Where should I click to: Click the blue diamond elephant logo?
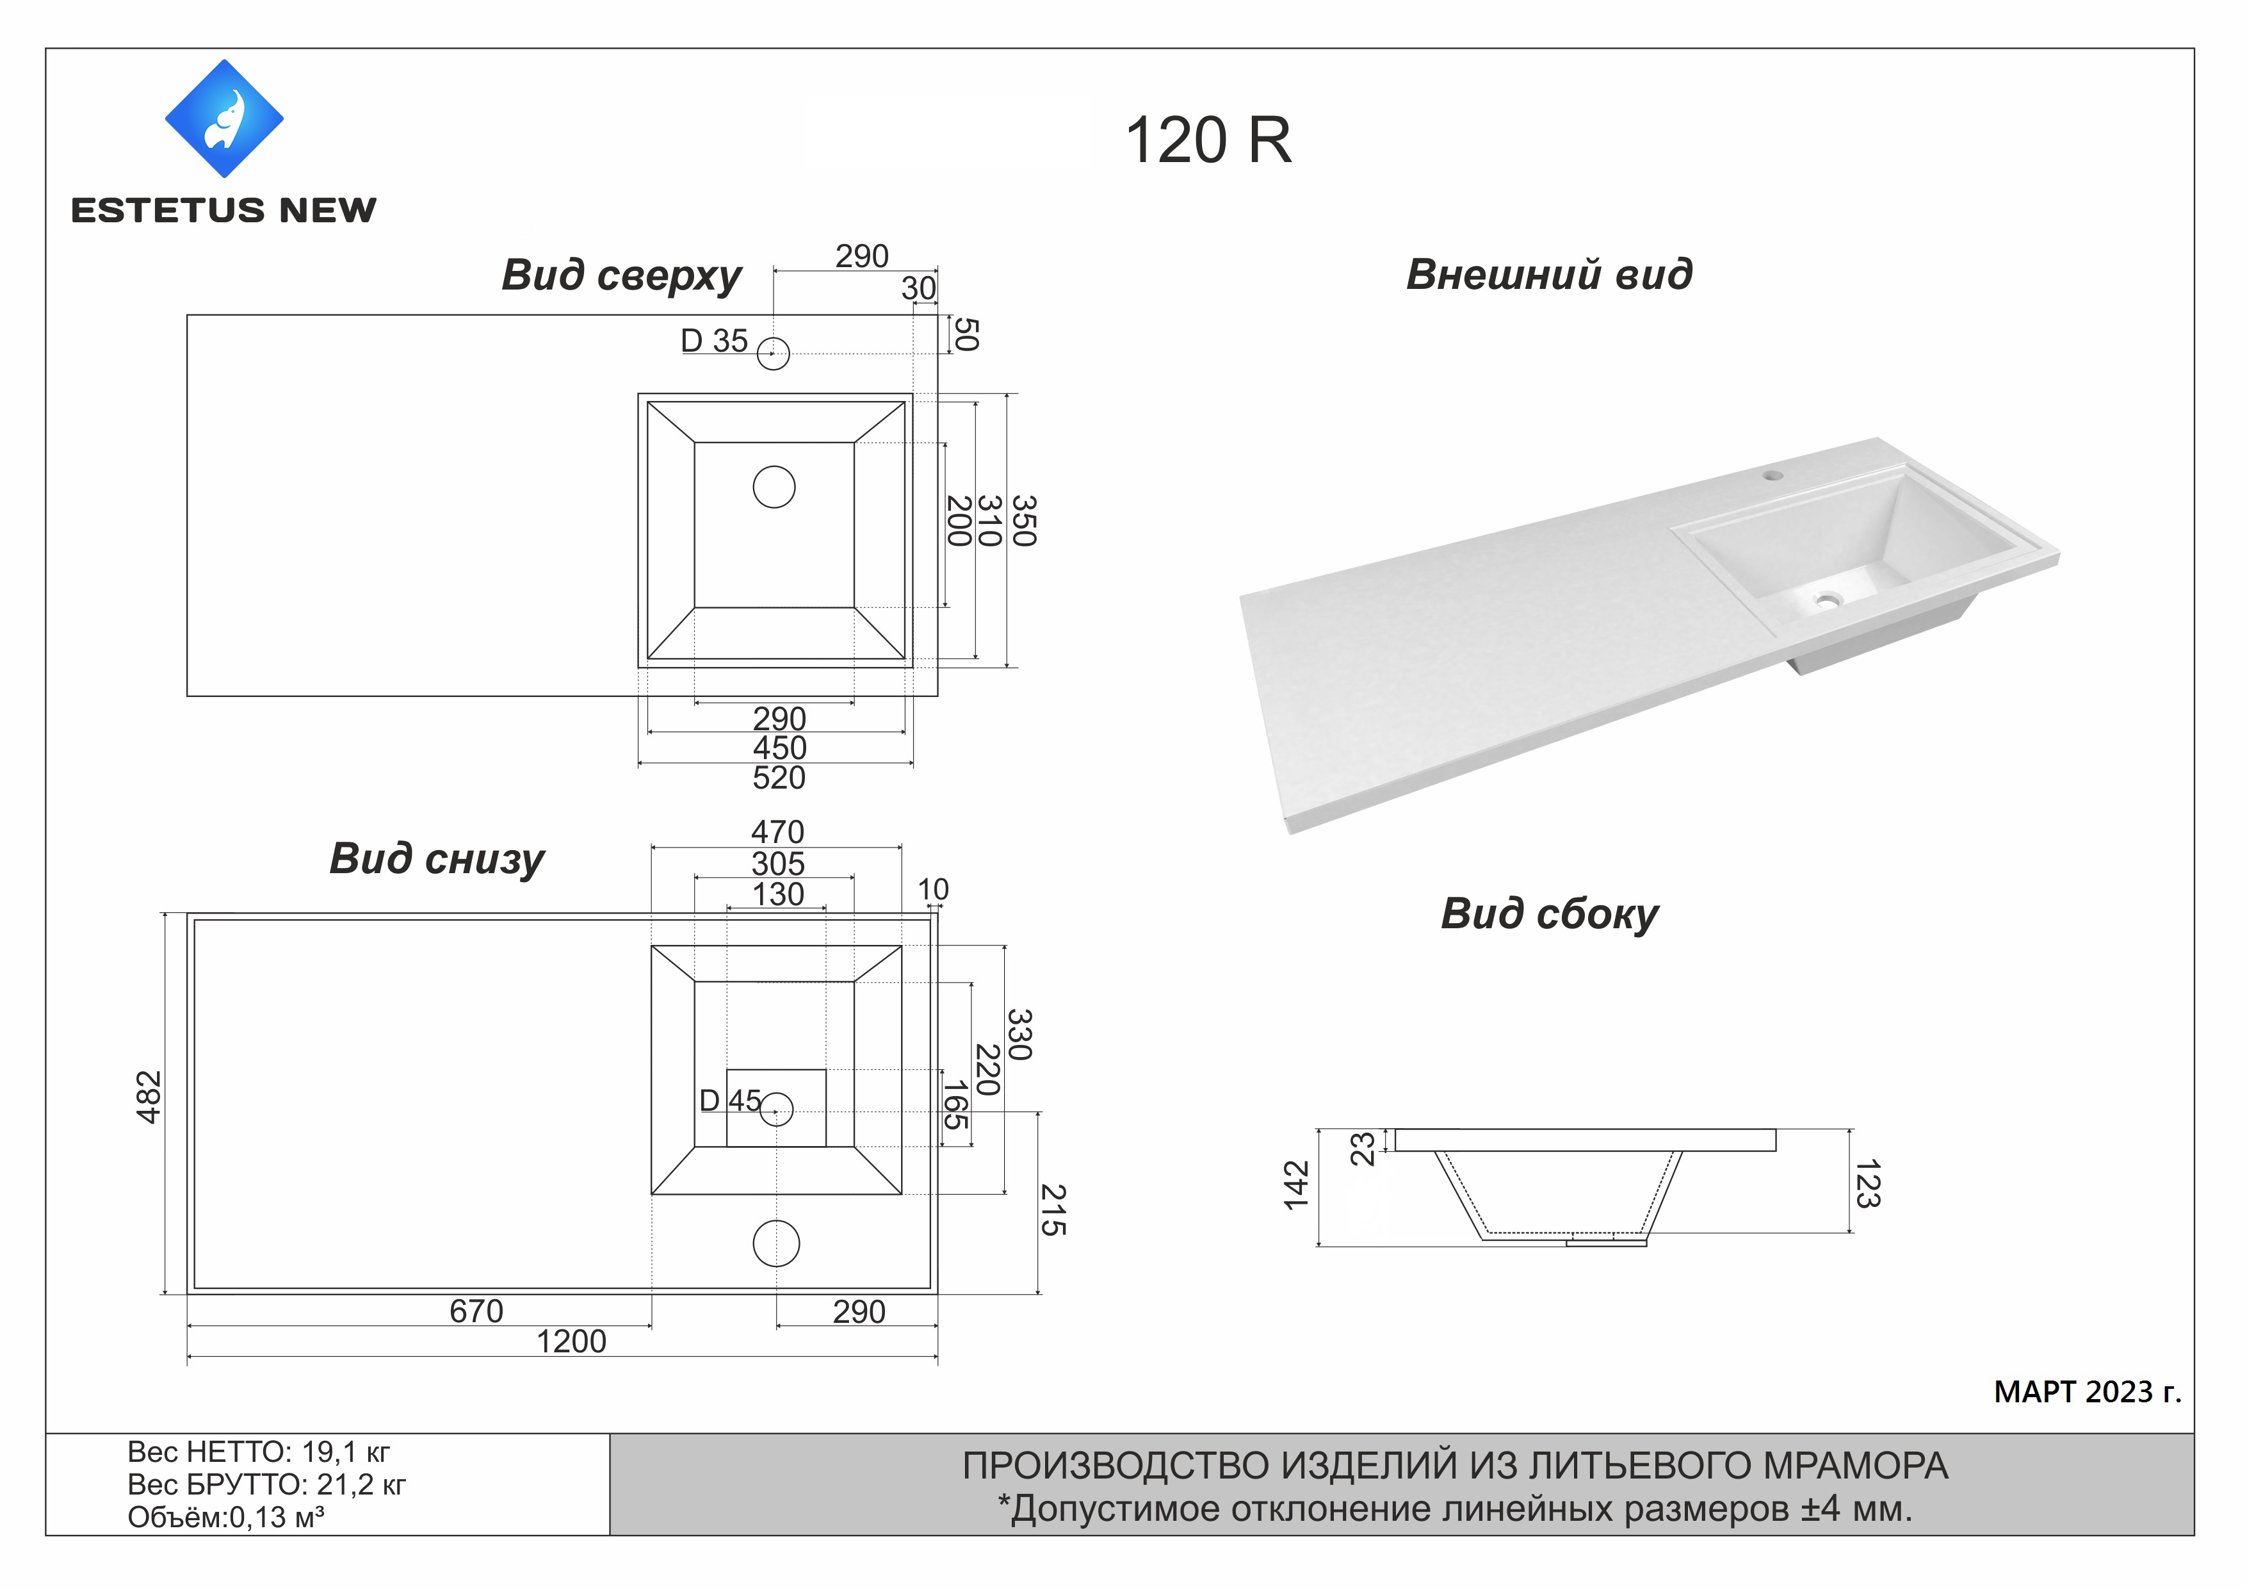point(224,119)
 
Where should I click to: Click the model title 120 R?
point(1208,141)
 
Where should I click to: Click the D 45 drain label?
point(730,1101)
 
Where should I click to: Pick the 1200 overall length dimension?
point(572,1341)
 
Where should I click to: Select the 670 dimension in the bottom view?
point(476,1311)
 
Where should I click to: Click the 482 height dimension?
point(149,1097)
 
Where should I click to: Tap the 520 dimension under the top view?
point(779,778)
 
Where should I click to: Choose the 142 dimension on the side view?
point(1297,1184)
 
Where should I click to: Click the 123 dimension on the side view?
point(1867,1183)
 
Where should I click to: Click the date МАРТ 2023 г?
point(2088,1391)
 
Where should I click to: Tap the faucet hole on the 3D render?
point(1773,476)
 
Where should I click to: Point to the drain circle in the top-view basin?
point(774,487)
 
